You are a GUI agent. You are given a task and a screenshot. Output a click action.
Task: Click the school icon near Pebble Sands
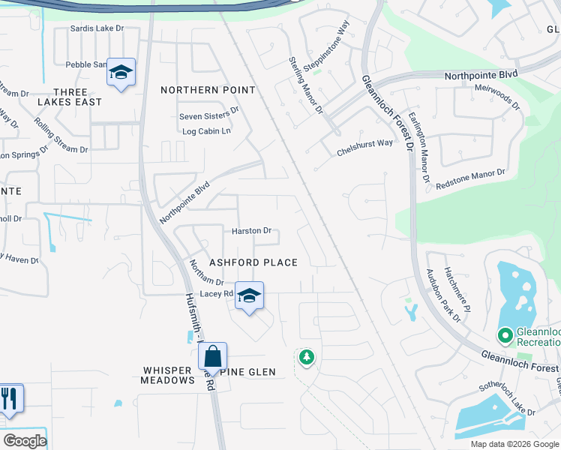(121, 73)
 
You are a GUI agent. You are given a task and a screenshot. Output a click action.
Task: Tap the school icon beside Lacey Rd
(250, 295)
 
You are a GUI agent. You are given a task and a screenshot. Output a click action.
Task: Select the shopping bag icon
(213, 355)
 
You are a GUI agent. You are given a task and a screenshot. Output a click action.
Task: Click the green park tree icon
(306, 357)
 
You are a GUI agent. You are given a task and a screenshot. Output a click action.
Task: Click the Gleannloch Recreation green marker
(505, 334)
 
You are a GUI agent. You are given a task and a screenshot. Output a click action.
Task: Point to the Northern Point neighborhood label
(208, 90)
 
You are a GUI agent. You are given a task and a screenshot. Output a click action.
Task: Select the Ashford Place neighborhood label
(253, 262)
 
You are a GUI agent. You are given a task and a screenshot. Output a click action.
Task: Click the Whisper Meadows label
(168, 375)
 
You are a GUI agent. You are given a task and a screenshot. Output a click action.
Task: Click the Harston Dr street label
(251, 231)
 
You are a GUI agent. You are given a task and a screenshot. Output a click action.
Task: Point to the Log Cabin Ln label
(207, 131)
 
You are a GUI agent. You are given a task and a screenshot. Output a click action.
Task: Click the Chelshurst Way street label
(364, 143)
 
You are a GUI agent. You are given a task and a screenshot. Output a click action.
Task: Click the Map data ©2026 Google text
(514, 444)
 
